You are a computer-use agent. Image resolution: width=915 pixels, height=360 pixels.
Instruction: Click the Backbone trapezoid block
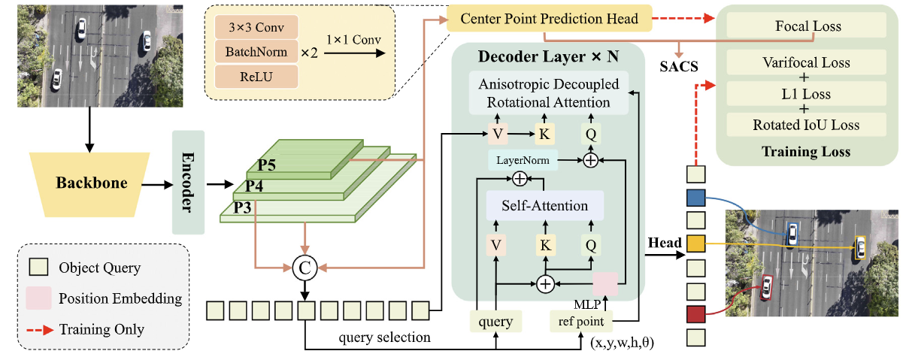tap(90, 184)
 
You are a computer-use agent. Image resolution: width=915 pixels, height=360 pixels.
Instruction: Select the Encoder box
tap(188, 182)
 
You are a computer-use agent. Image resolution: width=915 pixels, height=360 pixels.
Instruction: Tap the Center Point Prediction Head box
tap(549, 18)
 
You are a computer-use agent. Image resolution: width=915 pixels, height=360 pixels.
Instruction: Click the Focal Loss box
tap(807, 26)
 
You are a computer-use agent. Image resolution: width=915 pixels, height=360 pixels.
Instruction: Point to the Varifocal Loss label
tap(806, 62)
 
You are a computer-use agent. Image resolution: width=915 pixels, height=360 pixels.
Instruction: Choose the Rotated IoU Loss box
tap(806, 125)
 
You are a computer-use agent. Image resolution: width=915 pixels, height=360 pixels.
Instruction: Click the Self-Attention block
tap(545, 205)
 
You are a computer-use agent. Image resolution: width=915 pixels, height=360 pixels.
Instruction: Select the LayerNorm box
tap(523, 160)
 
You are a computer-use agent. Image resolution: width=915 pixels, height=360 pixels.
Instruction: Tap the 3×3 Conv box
tap(256, 27)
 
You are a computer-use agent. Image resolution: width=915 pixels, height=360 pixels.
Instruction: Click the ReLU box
tap(256, 77)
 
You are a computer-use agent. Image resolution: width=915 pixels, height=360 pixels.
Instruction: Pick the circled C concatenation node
tap(304, 268)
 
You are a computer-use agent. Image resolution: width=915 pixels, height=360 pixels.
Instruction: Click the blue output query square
tap(696, 198)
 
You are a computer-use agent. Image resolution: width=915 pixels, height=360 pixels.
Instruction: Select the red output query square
tap(696, 314)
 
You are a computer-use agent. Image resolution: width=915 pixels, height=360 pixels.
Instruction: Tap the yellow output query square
tap(696, 244)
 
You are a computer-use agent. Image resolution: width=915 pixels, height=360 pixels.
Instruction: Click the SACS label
tap(679, 66)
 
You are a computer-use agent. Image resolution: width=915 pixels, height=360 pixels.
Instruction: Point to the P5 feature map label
tap(266, 165)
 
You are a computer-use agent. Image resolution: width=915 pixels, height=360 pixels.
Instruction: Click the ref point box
tap(581, 321)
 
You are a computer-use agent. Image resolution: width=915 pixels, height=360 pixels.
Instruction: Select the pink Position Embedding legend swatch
tap(39, 298)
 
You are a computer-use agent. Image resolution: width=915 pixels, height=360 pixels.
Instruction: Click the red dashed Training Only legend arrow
tap(40, 330)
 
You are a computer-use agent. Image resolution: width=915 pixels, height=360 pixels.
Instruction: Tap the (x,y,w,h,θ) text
tap(622, 343)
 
